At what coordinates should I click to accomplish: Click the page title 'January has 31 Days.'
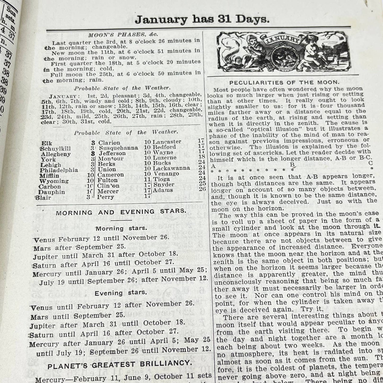202,20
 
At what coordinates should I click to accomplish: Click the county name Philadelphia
59,170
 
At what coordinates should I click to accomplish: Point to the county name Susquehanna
118,148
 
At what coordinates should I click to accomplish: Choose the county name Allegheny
56,154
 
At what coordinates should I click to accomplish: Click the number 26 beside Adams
202,189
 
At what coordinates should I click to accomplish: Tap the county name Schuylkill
56,148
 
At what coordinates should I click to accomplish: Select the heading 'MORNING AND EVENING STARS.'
120,212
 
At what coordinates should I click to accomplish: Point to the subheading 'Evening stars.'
121,293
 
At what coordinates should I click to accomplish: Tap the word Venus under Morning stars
44,240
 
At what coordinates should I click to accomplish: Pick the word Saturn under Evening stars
42,335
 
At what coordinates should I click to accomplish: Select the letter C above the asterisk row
371,163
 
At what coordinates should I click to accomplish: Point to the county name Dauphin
52,192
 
